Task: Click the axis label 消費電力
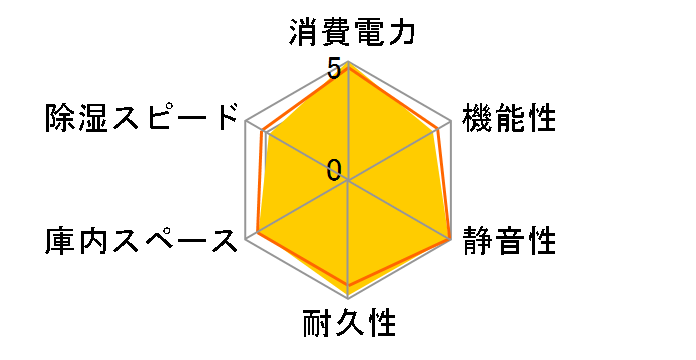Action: (x=348, y=33)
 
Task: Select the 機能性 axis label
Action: (x=508, y=119)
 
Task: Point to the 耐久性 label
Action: (x=349, y=324)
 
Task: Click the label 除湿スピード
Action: (x=139, y=119)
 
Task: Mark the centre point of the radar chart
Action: (x=349, y=181)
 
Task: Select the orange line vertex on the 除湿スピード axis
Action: (x=262, y=131)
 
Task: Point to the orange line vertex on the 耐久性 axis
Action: (x=349, y=287)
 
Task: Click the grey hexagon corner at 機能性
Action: (x=452, y=122)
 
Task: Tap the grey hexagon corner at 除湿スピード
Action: (x=246, y=122)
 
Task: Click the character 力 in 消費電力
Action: (x=401, y=33)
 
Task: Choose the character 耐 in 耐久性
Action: (x=317, y=324)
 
